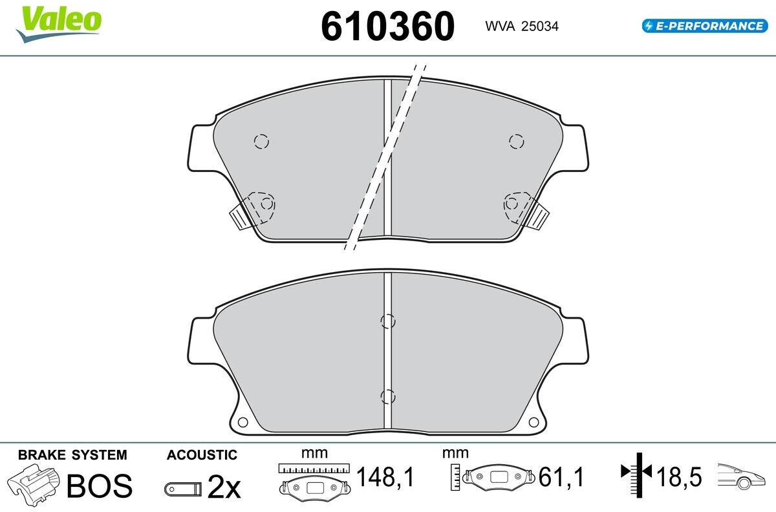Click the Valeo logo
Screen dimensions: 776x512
point(59,23)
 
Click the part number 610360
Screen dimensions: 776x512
point(387,27)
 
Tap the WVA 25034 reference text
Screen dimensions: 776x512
point(522,27)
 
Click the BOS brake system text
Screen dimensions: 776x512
point(100,486)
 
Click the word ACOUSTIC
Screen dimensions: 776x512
point(202,455)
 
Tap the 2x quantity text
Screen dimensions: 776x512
point(224,487)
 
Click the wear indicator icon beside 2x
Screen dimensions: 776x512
point(183,489)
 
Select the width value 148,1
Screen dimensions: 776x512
point(385,477)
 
